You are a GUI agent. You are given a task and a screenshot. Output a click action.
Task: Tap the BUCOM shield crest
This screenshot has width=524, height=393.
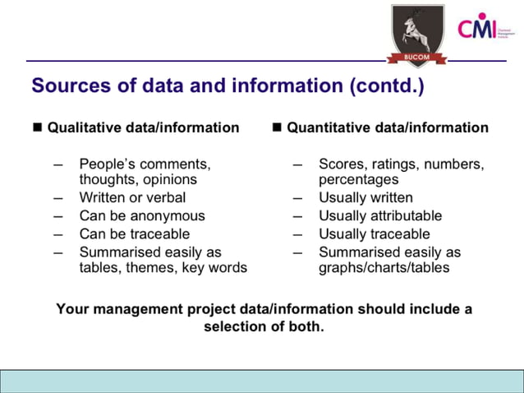417,32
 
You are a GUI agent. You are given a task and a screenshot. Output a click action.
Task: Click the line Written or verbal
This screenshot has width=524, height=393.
132,197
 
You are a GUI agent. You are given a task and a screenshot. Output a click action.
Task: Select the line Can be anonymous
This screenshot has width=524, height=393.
142,215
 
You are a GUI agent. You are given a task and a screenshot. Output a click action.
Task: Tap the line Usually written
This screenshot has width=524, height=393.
365,197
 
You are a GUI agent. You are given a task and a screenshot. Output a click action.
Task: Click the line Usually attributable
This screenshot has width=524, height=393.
380,215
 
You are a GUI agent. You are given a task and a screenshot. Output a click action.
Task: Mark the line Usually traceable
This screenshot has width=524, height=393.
374,234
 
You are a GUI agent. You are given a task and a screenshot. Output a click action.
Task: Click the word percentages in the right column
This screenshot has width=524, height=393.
358,179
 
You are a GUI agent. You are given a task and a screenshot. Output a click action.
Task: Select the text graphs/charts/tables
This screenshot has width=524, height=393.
384,268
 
